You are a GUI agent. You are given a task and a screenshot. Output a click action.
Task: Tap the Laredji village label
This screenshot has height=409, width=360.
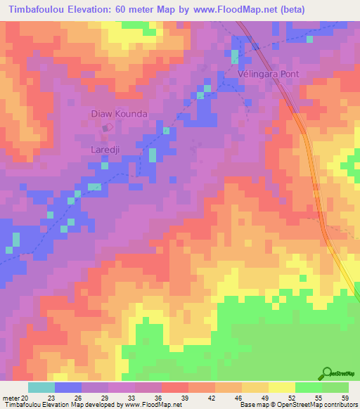[108, 150]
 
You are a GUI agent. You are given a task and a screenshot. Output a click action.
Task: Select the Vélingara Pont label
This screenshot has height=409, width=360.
[268, 74]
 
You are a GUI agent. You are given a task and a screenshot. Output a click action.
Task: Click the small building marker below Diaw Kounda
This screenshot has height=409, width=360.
[107, 128]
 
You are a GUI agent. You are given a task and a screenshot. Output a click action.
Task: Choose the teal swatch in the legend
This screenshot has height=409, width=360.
[41, 387]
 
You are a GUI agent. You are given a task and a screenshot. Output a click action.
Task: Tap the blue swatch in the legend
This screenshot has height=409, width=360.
[68, 387]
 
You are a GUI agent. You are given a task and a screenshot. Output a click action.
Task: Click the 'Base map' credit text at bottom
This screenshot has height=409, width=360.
[255, 405]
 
